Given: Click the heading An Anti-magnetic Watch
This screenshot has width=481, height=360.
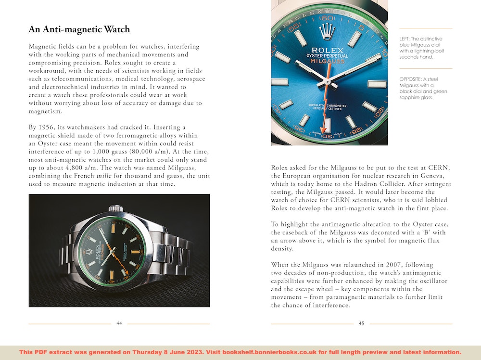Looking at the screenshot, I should click(x=79, y=29).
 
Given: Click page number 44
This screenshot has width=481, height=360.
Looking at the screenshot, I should click(x=119, y=323).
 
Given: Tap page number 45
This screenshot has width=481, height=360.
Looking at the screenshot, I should click(x=362, y=323).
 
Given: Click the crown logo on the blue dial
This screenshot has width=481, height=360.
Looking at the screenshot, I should click(x=327, y=32).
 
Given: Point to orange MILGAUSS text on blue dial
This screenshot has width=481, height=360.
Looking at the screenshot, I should click(x=328, y=62).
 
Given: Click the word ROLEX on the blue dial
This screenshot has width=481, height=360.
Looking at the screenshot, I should click(x=328, y=50).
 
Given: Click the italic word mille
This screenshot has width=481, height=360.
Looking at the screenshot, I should click(x=104, y=176).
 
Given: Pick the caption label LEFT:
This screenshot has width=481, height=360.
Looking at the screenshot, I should click(x=406, y=39).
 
